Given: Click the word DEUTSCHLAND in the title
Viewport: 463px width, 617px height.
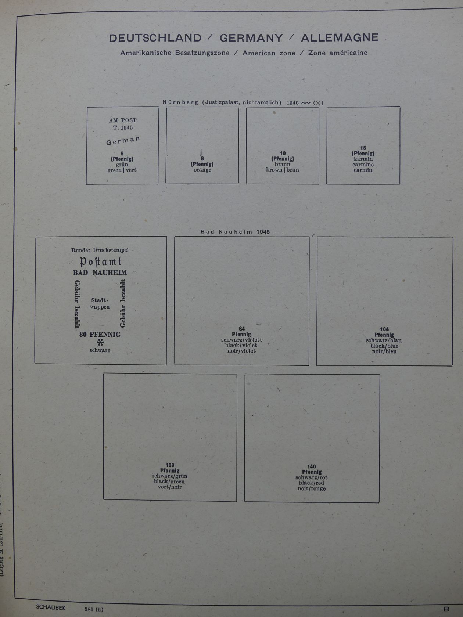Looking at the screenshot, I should [x=155, y=38].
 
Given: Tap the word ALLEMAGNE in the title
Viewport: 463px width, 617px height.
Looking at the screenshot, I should [x=340, y=37].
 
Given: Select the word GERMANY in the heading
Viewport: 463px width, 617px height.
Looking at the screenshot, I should [x=251, y=38].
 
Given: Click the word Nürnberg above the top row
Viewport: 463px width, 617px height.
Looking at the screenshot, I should [x=180, y=102].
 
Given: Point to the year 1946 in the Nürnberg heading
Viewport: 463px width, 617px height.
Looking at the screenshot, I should [x=292, y=103].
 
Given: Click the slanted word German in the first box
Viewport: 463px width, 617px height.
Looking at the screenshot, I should [x=123, y=141].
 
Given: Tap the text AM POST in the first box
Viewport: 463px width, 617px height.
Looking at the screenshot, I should [x=123, y=120].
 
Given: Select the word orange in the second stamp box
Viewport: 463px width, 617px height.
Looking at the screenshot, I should [x=202, y=170].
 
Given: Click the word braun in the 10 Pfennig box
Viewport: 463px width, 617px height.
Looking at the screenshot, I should [x=283, y=165].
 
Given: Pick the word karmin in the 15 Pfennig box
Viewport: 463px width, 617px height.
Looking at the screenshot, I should [x=363, y=159].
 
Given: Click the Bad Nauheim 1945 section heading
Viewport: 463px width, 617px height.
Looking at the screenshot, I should [x=235, y=232].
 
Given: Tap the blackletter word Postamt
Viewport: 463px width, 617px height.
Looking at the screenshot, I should [x=100, y=261].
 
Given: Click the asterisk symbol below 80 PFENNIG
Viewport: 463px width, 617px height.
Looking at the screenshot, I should [x=100, y=343].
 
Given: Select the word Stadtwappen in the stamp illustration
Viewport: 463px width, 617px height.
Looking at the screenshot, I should [x=100, y=303].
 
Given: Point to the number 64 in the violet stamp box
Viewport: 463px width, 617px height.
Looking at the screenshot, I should [x=242, y=329].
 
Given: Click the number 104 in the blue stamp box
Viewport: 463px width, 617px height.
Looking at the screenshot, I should [x=384, y=329].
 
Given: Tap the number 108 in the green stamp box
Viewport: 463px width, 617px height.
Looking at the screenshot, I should [x=170, y=465].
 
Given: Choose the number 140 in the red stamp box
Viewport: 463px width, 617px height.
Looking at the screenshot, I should [x=312, y=466].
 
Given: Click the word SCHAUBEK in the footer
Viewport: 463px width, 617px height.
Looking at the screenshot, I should [x=51, y=607].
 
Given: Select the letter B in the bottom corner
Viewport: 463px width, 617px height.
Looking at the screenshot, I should [x=446, y=609].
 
